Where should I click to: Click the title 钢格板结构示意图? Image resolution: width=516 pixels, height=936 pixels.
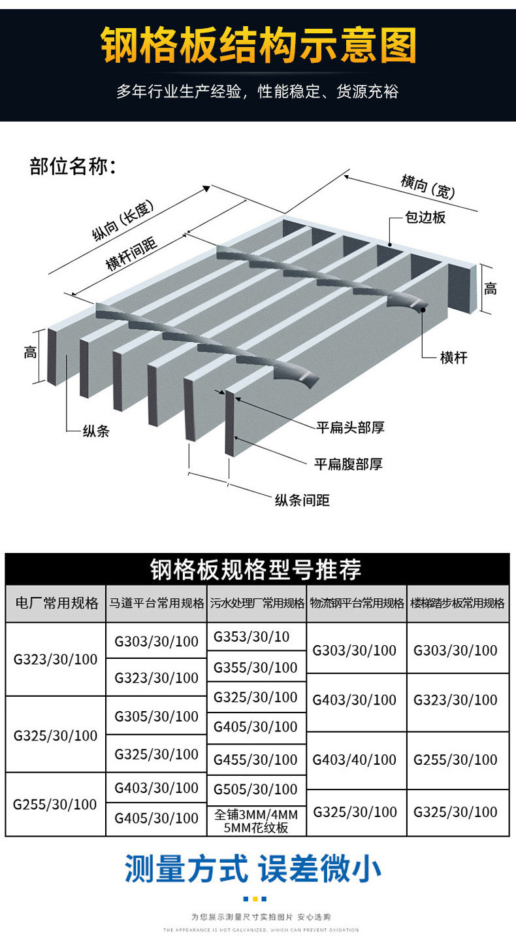(x=258, y=46)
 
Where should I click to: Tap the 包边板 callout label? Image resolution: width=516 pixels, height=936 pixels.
(x=425, y=218)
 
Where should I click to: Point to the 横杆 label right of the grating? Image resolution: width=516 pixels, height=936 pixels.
(x=453, y=358)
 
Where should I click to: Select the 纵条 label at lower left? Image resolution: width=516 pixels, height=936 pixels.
(x=95, y=431)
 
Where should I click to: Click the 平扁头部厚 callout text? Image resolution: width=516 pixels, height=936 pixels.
(x=350, y=427)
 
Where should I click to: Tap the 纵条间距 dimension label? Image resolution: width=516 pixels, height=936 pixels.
(x=302, y=501)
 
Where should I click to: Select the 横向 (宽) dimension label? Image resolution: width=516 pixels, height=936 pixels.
(x=427, y=187)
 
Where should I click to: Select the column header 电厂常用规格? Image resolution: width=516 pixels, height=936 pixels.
(x=56, y=603)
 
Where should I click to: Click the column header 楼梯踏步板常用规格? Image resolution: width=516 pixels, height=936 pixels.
(x=457, y=603)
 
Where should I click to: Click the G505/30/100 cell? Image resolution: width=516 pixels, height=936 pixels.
(x=255, y=790)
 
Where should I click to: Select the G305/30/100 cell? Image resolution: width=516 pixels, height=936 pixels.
(x=157, y=716)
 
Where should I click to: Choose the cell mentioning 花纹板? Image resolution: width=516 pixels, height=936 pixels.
(x=255, y=821)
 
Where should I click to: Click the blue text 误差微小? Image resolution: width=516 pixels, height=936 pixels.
(x=320, y=870)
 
